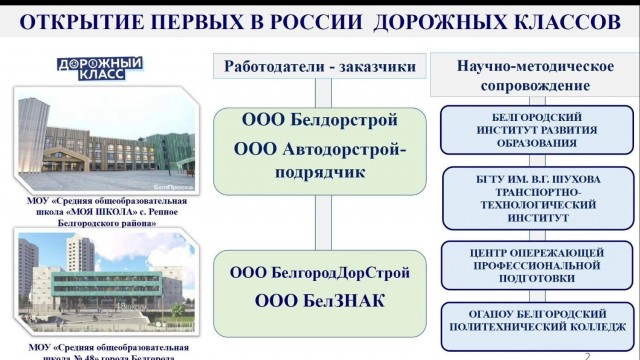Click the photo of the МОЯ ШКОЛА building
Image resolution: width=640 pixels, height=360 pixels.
click(x=103, y=140)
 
